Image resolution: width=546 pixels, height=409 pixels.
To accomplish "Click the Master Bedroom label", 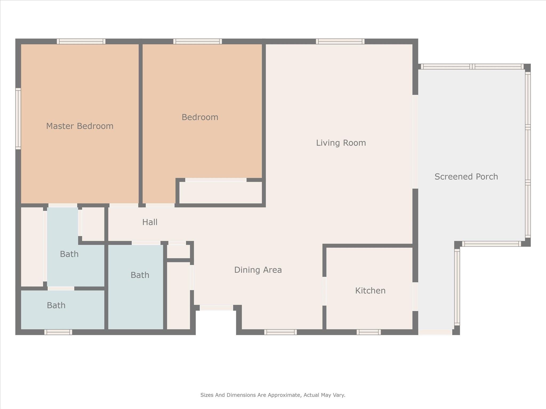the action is coord(80,126).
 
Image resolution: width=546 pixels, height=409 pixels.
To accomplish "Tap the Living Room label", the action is coord(341,143).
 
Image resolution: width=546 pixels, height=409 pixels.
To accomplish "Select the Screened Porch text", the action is coord(466,177).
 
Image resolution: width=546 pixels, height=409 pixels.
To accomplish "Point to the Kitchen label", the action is coord(370,291).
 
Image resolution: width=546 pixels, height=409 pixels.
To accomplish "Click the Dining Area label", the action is coord(258,270).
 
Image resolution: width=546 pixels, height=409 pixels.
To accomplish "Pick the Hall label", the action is coord(150,222).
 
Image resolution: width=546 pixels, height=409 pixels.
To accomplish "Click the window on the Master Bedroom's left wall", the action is coord(18,119).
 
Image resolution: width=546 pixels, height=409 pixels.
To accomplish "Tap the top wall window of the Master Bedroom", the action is coord(81,41).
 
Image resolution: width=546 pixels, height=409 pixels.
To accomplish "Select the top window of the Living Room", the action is coord(340,41).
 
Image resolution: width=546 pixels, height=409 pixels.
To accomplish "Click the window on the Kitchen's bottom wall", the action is coord(369,332).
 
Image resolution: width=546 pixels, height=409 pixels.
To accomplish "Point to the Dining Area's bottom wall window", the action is coord(280,332).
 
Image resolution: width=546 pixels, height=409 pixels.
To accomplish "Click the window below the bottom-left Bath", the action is coord(58,332).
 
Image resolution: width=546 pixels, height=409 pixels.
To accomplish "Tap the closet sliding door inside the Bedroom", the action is coord(216,180).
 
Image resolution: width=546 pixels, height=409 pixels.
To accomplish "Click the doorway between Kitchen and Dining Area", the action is coord(324,291).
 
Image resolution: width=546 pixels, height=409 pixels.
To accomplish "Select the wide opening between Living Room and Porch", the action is coord(415,142).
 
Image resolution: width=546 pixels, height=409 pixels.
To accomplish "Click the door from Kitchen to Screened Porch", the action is coord(415,297).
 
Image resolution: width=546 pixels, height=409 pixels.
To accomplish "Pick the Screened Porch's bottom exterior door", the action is coord(435,332).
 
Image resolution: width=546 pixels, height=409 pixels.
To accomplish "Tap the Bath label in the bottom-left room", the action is coord(56,305).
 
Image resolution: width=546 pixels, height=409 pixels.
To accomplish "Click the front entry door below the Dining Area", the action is coord(216,308).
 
